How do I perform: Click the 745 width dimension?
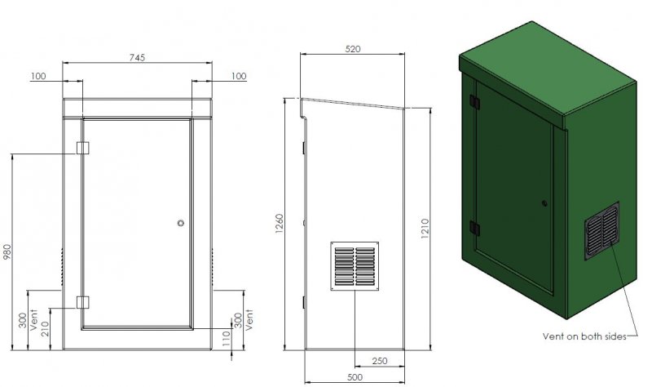point(137,57)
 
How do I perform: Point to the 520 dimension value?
point(352,49)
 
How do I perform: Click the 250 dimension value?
point(379,360)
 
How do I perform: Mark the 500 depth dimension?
point(354,378)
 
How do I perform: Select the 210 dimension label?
point(44,329)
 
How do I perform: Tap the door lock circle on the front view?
point(181,223)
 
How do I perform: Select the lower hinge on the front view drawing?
point(81,302)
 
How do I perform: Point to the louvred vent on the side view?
point(355,265)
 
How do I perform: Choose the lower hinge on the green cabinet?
point(473,227)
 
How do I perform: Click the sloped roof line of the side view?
point(355,104)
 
